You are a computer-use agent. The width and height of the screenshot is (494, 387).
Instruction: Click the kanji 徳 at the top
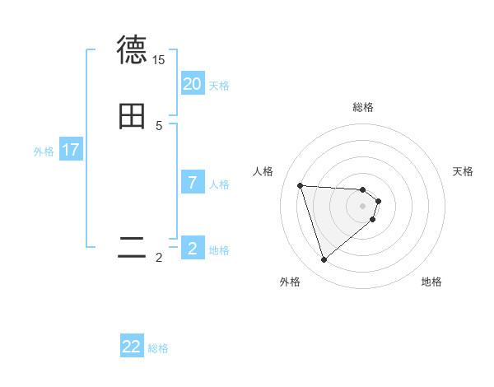coord(133,50)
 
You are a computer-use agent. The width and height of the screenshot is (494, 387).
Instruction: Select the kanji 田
coord(133,116)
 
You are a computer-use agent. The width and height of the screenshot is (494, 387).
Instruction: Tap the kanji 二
coord(133,248)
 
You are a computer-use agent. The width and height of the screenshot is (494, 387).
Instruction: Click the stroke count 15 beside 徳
coord(158,60)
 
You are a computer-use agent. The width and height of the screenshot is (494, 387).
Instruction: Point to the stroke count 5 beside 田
coord(159,126)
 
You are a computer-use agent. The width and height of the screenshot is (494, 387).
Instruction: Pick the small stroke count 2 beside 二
coord(159,258)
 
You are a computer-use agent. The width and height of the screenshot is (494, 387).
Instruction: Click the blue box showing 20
coord(193,84)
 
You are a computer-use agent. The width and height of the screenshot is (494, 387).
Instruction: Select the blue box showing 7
coord(193,183)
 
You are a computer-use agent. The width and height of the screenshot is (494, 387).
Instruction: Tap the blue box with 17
coord(71,150)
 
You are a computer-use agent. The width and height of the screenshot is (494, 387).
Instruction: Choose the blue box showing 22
coord(132,347)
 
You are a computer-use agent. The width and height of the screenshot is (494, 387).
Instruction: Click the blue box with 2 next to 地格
coord(193,248)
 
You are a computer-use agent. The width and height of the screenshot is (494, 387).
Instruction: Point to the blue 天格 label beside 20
coord(219,86)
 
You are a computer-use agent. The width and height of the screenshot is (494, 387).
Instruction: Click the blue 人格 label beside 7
coord(219,184)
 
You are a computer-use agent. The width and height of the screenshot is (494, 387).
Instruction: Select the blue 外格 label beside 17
coord(44,152)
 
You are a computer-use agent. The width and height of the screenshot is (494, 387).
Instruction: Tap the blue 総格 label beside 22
coord(158,348)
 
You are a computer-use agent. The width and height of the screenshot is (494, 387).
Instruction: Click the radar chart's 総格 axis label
coord(363,107)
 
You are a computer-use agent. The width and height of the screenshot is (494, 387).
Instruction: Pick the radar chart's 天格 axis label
coord(464,171)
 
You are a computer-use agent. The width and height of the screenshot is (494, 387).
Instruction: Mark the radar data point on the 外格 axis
coord(324,260)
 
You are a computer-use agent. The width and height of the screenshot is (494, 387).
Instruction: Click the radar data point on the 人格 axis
coord(301,185)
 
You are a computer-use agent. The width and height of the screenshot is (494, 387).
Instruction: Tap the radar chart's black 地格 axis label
coord(431,282)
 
